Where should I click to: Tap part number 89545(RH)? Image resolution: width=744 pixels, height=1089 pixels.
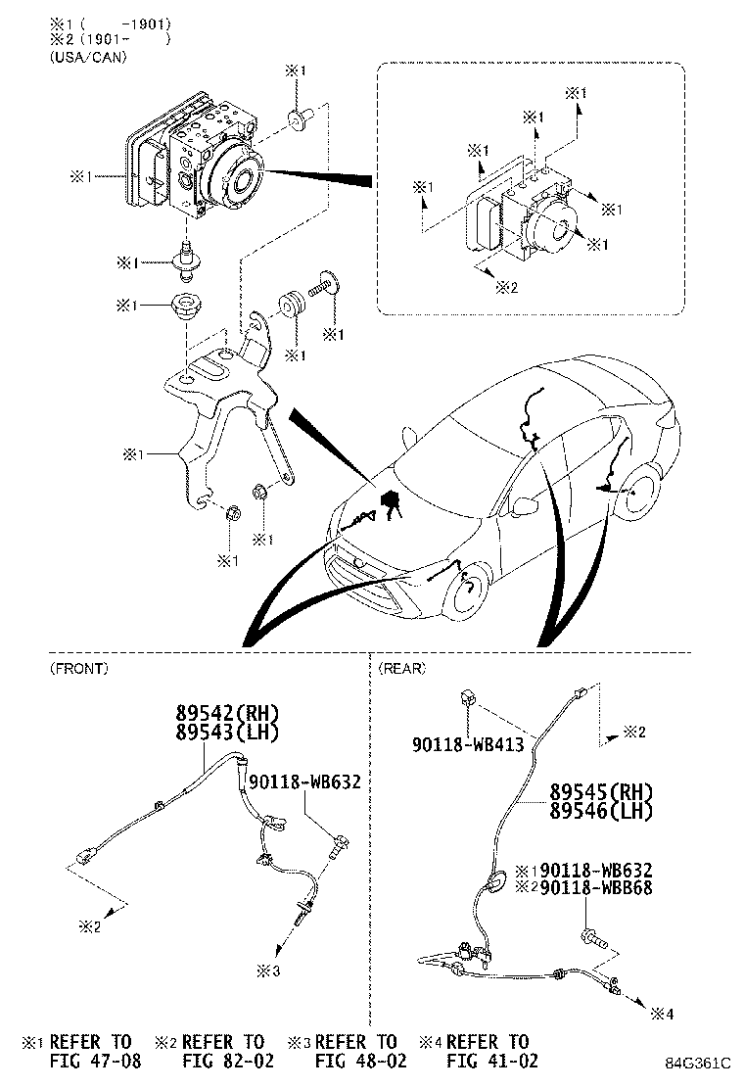[x=600, y=792]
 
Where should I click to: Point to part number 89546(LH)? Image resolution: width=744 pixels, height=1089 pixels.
[x=600, y=810]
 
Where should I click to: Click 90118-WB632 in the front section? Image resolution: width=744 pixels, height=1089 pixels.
[x=304, y=781]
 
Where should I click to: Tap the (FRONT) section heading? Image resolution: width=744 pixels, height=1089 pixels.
[x=78, y=668]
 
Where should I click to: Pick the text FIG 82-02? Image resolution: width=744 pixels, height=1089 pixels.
[x=228, y=1060]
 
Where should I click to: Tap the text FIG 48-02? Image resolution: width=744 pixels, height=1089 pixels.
[x=359, y=1060]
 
